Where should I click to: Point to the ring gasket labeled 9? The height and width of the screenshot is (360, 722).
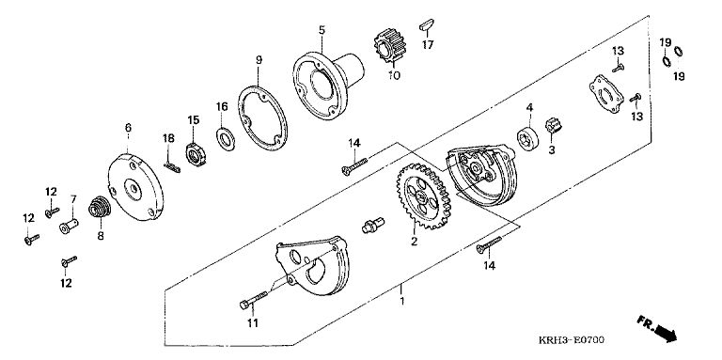click(x=262, y=118)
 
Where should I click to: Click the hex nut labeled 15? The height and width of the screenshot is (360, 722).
click(x=195, y=155)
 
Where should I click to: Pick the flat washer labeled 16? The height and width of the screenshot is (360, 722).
click(x=226, y=138)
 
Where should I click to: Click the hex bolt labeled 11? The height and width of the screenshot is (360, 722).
click(x=253, y=299)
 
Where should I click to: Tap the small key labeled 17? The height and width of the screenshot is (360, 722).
click(x=427, y=25)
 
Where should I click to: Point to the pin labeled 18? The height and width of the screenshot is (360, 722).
click(x=172, y=167)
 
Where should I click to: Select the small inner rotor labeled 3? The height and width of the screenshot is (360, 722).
click(x=552, y=125)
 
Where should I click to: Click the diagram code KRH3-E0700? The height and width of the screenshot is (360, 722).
click(x=572, y=340)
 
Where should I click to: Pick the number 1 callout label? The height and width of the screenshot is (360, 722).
click(x=402, y=302)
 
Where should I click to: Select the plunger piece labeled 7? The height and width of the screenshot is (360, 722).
click(x=69, y=226)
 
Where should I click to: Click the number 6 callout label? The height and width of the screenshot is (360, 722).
click(x=128, y=127)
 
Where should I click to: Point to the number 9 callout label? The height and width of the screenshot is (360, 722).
click(x=259, y=60)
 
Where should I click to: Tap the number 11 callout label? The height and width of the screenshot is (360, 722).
click(x=252, y=323)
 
